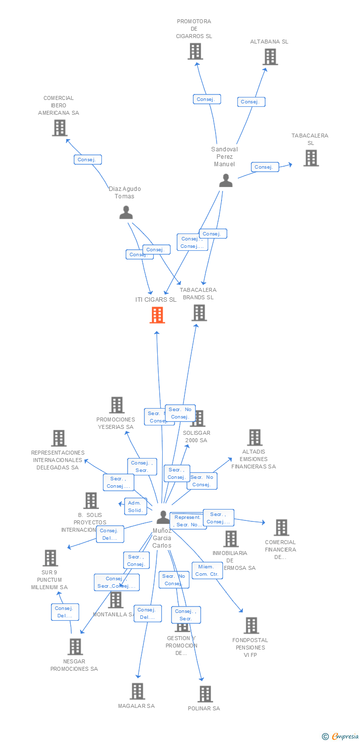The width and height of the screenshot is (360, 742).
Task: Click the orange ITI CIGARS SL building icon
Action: [157, 315]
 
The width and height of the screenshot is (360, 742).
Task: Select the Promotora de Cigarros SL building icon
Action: [195, 51]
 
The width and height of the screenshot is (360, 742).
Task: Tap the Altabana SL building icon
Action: [270, 57]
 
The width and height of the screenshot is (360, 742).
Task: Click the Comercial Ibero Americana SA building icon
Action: [59, 128]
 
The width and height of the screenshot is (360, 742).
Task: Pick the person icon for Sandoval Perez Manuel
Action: [225, 181]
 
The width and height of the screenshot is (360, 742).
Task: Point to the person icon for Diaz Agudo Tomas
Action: [126, 212]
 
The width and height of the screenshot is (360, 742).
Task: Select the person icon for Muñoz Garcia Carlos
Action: [163, 517]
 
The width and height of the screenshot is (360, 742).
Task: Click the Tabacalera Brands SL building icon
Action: [199, 313]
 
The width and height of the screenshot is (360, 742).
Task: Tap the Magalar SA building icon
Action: [137, 691]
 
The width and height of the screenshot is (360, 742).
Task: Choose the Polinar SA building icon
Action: [205, 694]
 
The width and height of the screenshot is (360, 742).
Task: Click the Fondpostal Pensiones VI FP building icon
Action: [251, 625]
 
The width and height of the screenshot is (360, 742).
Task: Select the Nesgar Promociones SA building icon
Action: [75, 647]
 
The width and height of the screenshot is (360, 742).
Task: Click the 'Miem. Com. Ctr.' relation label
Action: [207, 570]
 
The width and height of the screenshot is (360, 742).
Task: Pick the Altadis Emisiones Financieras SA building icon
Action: [255, 437]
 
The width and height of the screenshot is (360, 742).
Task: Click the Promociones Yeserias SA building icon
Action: [117, 405]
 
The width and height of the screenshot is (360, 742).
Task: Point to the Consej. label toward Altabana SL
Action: [251, 102]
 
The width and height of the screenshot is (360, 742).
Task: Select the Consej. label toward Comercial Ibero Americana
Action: [88, 160]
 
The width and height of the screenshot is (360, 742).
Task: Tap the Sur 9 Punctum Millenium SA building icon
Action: [50, 558]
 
